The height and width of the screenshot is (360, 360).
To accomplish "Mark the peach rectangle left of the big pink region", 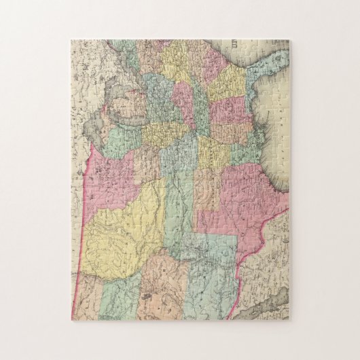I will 207,190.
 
